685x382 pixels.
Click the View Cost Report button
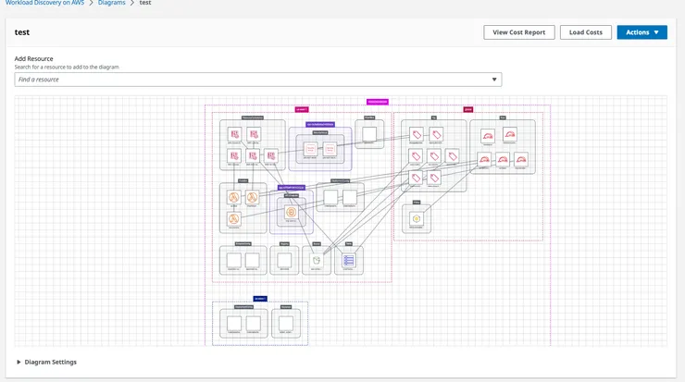tap(519, 32)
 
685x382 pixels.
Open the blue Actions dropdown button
tap(641, 32)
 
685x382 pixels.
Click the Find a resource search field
tap(250, 80)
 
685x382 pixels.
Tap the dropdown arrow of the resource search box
tap(494, 80)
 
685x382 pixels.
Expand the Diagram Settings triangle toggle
tap(19, 362)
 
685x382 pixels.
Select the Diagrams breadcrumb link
tap(112, 3)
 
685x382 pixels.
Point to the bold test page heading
tap(23, 32)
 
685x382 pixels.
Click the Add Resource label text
tap(33, 59)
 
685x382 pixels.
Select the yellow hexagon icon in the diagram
tap(417, 217)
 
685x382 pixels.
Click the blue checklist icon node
tap(349, 261)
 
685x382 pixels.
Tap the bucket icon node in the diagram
tap(317, 261)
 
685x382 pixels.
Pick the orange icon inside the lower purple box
tap(291, 213)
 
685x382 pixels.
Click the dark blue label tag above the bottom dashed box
tap(259, 299)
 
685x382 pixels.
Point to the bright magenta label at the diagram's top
tap(378, 102)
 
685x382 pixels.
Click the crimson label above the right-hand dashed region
tap(468, 109)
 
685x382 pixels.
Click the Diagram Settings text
tap(51, 362)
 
